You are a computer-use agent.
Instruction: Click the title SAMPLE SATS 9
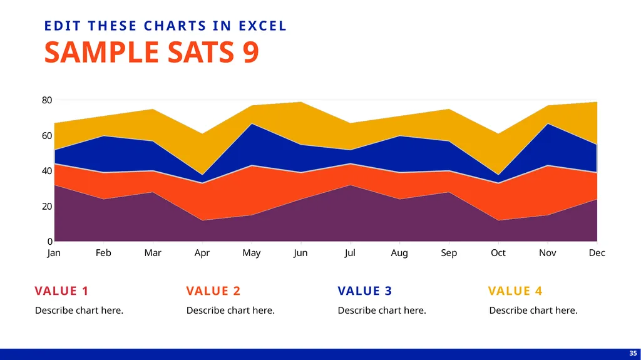[151, 52]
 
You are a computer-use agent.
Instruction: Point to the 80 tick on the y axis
[47, 100]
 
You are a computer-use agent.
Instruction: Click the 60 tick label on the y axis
[47, 135]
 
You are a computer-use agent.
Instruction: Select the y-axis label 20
[47, 206]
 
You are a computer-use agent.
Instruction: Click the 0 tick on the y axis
[50, 242]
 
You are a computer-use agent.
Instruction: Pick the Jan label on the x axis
[54, 253]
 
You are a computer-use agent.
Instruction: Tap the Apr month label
[202, 253]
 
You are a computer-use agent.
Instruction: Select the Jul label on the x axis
[350, 253]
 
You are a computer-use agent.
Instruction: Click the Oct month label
[498, 253]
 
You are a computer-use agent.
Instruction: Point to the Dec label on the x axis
[597, 253]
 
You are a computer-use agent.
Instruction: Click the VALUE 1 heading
[62, 291]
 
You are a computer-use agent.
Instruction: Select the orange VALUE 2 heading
[213, 291]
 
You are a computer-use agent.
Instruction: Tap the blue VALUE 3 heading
[365, 291]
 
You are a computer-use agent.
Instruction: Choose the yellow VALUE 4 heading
[515, 291]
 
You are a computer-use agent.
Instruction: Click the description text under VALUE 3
[382, 311]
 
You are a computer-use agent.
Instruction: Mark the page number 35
[633, 354]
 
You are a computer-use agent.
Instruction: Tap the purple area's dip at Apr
[202, 221]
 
